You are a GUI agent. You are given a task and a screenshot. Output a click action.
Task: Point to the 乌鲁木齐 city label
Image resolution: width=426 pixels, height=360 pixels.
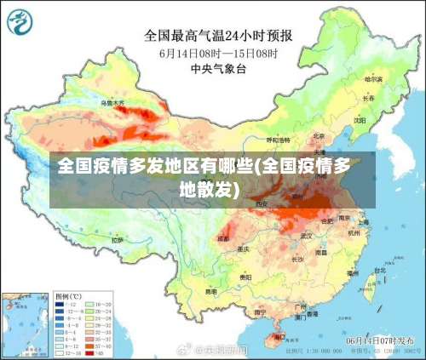coord(112,103)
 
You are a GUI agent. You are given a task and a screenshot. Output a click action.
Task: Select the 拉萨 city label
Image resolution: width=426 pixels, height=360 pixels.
coord(117,241)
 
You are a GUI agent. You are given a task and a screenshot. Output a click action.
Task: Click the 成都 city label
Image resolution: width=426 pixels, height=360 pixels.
coord(223,239)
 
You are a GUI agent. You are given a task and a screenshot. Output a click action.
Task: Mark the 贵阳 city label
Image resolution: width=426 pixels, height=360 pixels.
coord(245,277)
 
